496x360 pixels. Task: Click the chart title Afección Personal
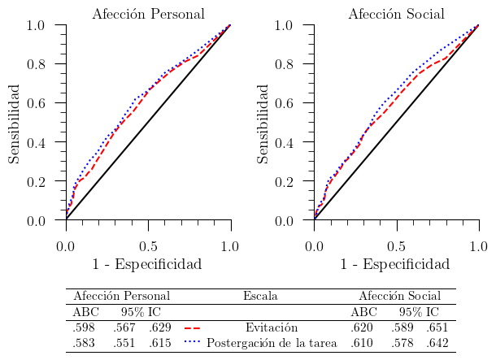coord(148,14)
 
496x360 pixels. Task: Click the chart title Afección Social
coord(396,14)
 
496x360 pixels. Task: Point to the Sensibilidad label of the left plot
coord(15,122)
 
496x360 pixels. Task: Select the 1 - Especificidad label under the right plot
coord(394,264)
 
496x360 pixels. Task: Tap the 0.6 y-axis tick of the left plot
coord(36,103)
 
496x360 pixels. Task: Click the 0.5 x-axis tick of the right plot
coord(396,245)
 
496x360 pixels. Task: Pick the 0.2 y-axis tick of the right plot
coord(285,181)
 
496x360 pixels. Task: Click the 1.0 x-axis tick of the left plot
coord(230,245)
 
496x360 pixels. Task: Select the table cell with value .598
coord(84,327)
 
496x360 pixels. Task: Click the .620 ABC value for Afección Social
coord(362,327)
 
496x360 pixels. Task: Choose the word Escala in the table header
coord(260,296)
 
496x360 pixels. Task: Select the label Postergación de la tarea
coord(272,343)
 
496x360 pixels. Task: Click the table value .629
coord(159,327)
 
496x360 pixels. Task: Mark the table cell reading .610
coord(362,343)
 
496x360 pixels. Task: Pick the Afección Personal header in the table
coord(121,296)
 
